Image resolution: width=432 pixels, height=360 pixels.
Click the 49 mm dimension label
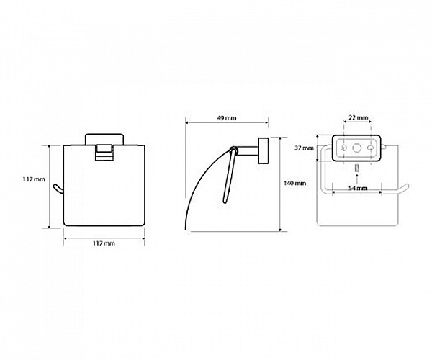click(227, 118)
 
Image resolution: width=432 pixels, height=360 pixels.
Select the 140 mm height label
click(294, 183)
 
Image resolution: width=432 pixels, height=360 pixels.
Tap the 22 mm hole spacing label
click(358, 118)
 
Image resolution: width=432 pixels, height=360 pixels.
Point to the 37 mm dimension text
click(304, 148)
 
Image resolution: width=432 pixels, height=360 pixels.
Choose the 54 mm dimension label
click(358, 188)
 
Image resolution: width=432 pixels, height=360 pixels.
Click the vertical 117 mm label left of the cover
click(34, 179)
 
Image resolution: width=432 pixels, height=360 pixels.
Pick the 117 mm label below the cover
click(104, 243)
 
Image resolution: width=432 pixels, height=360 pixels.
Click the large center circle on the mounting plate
click(357, 148)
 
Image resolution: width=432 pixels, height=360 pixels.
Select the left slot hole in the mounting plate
click(344, 148)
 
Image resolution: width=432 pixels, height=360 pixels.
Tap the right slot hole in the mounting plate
click(371, 148)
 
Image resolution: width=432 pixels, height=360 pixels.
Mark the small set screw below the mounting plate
click(357, 168)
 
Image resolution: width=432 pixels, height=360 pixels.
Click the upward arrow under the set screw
click(357, 179)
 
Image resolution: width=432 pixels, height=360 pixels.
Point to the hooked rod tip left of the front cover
click(58, 189)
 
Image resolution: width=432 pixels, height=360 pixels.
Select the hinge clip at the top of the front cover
click(104, 153)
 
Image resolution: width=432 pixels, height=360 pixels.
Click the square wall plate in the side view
click(263, 150)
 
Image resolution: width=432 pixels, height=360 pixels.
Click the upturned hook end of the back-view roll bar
click(404, 189)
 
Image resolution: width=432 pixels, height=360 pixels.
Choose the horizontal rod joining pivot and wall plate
click(247, 151)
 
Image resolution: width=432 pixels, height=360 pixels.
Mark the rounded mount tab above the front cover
click(104, 139)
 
